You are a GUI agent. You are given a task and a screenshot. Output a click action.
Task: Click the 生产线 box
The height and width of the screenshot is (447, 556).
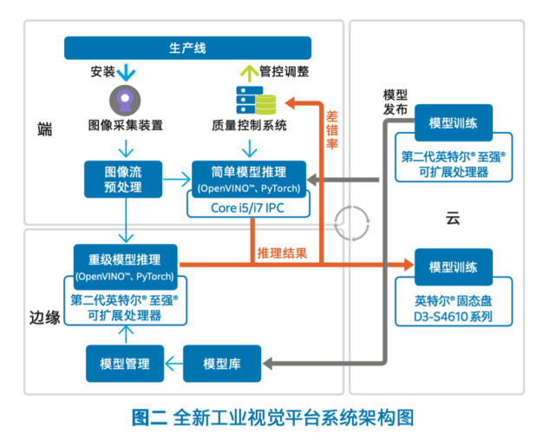coord(187,48)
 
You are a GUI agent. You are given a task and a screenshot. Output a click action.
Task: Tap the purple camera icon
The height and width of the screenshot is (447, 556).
coord(125,101)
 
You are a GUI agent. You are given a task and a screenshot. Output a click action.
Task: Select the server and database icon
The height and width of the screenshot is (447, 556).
coord(256,101)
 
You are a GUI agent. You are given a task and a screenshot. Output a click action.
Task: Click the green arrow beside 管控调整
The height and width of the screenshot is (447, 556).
coord(249,73)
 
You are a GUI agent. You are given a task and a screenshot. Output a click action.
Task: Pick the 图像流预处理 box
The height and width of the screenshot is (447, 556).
coord(123,179)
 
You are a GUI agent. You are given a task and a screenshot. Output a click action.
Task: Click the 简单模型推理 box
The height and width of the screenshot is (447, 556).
coord(249,179)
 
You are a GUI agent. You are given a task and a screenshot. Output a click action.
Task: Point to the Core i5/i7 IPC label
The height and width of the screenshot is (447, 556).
coord(247,208)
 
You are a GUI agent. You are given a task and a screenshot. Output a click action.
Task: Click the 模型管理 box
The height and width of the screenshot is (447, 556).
coord(125,364)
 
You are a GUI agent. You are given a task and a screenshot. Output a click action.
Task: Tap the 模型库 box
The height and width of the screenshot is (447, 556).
coord(222,364)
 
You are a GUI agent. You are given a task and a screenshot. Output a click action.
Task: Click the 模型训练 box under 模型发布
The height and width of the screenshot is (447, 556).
coord(454,122)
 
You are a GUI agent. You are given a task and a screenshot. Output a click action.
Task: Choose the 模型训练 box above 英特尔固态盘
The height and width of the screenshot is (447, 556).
coord(454,267)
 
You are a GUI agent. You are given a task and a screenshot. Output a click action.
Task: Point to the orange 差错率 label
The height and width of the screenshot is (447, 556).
coord(332,130)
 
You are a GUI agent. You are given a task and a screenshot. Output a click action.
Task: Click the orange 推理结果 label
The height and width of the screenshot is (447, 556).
coord(282,253)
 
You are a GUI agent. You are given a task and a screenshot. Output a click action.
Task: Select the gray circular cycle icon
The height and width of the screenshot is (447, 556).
coord(352,223)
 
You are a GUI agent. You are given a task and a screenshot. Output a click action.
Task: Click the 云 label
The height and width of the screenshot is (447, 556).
coord(453,218)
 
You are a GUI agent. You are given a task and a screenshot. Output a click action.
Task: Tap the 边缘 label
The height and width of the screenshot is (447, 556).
coord(45,317)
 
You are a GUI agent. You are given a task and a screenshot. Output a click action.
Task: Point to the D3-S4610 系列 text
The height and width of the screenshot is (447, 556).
coord(453,317)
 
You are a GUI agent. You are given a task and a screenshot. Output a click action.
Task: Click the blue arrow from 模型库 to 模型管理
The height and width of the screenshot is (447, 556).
coord(173,364)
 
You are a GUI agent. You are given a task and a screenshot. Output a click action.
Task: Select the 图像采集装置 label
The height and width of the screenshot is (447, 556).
coord(126,125)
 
